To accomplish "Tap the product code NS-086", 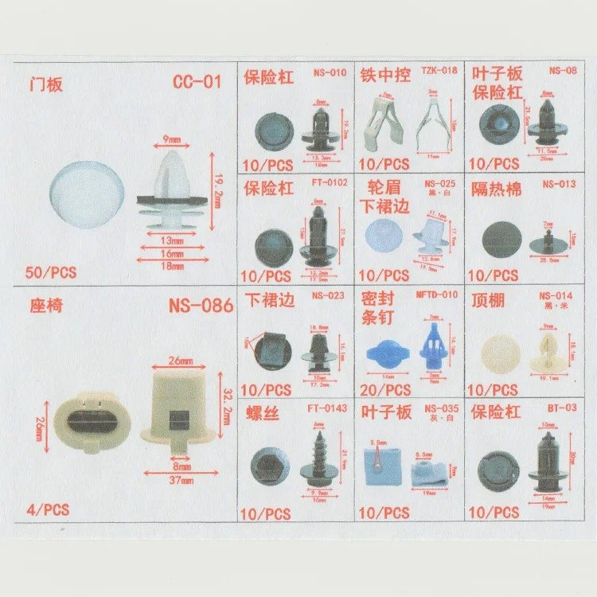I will (x=201, y=305).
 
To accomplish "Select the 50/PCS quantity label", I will (x=50, y=271).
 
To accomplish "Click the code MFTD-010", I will (x=438, y=295).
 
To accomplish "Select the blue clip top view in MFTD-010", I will (x=387, y=354).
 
